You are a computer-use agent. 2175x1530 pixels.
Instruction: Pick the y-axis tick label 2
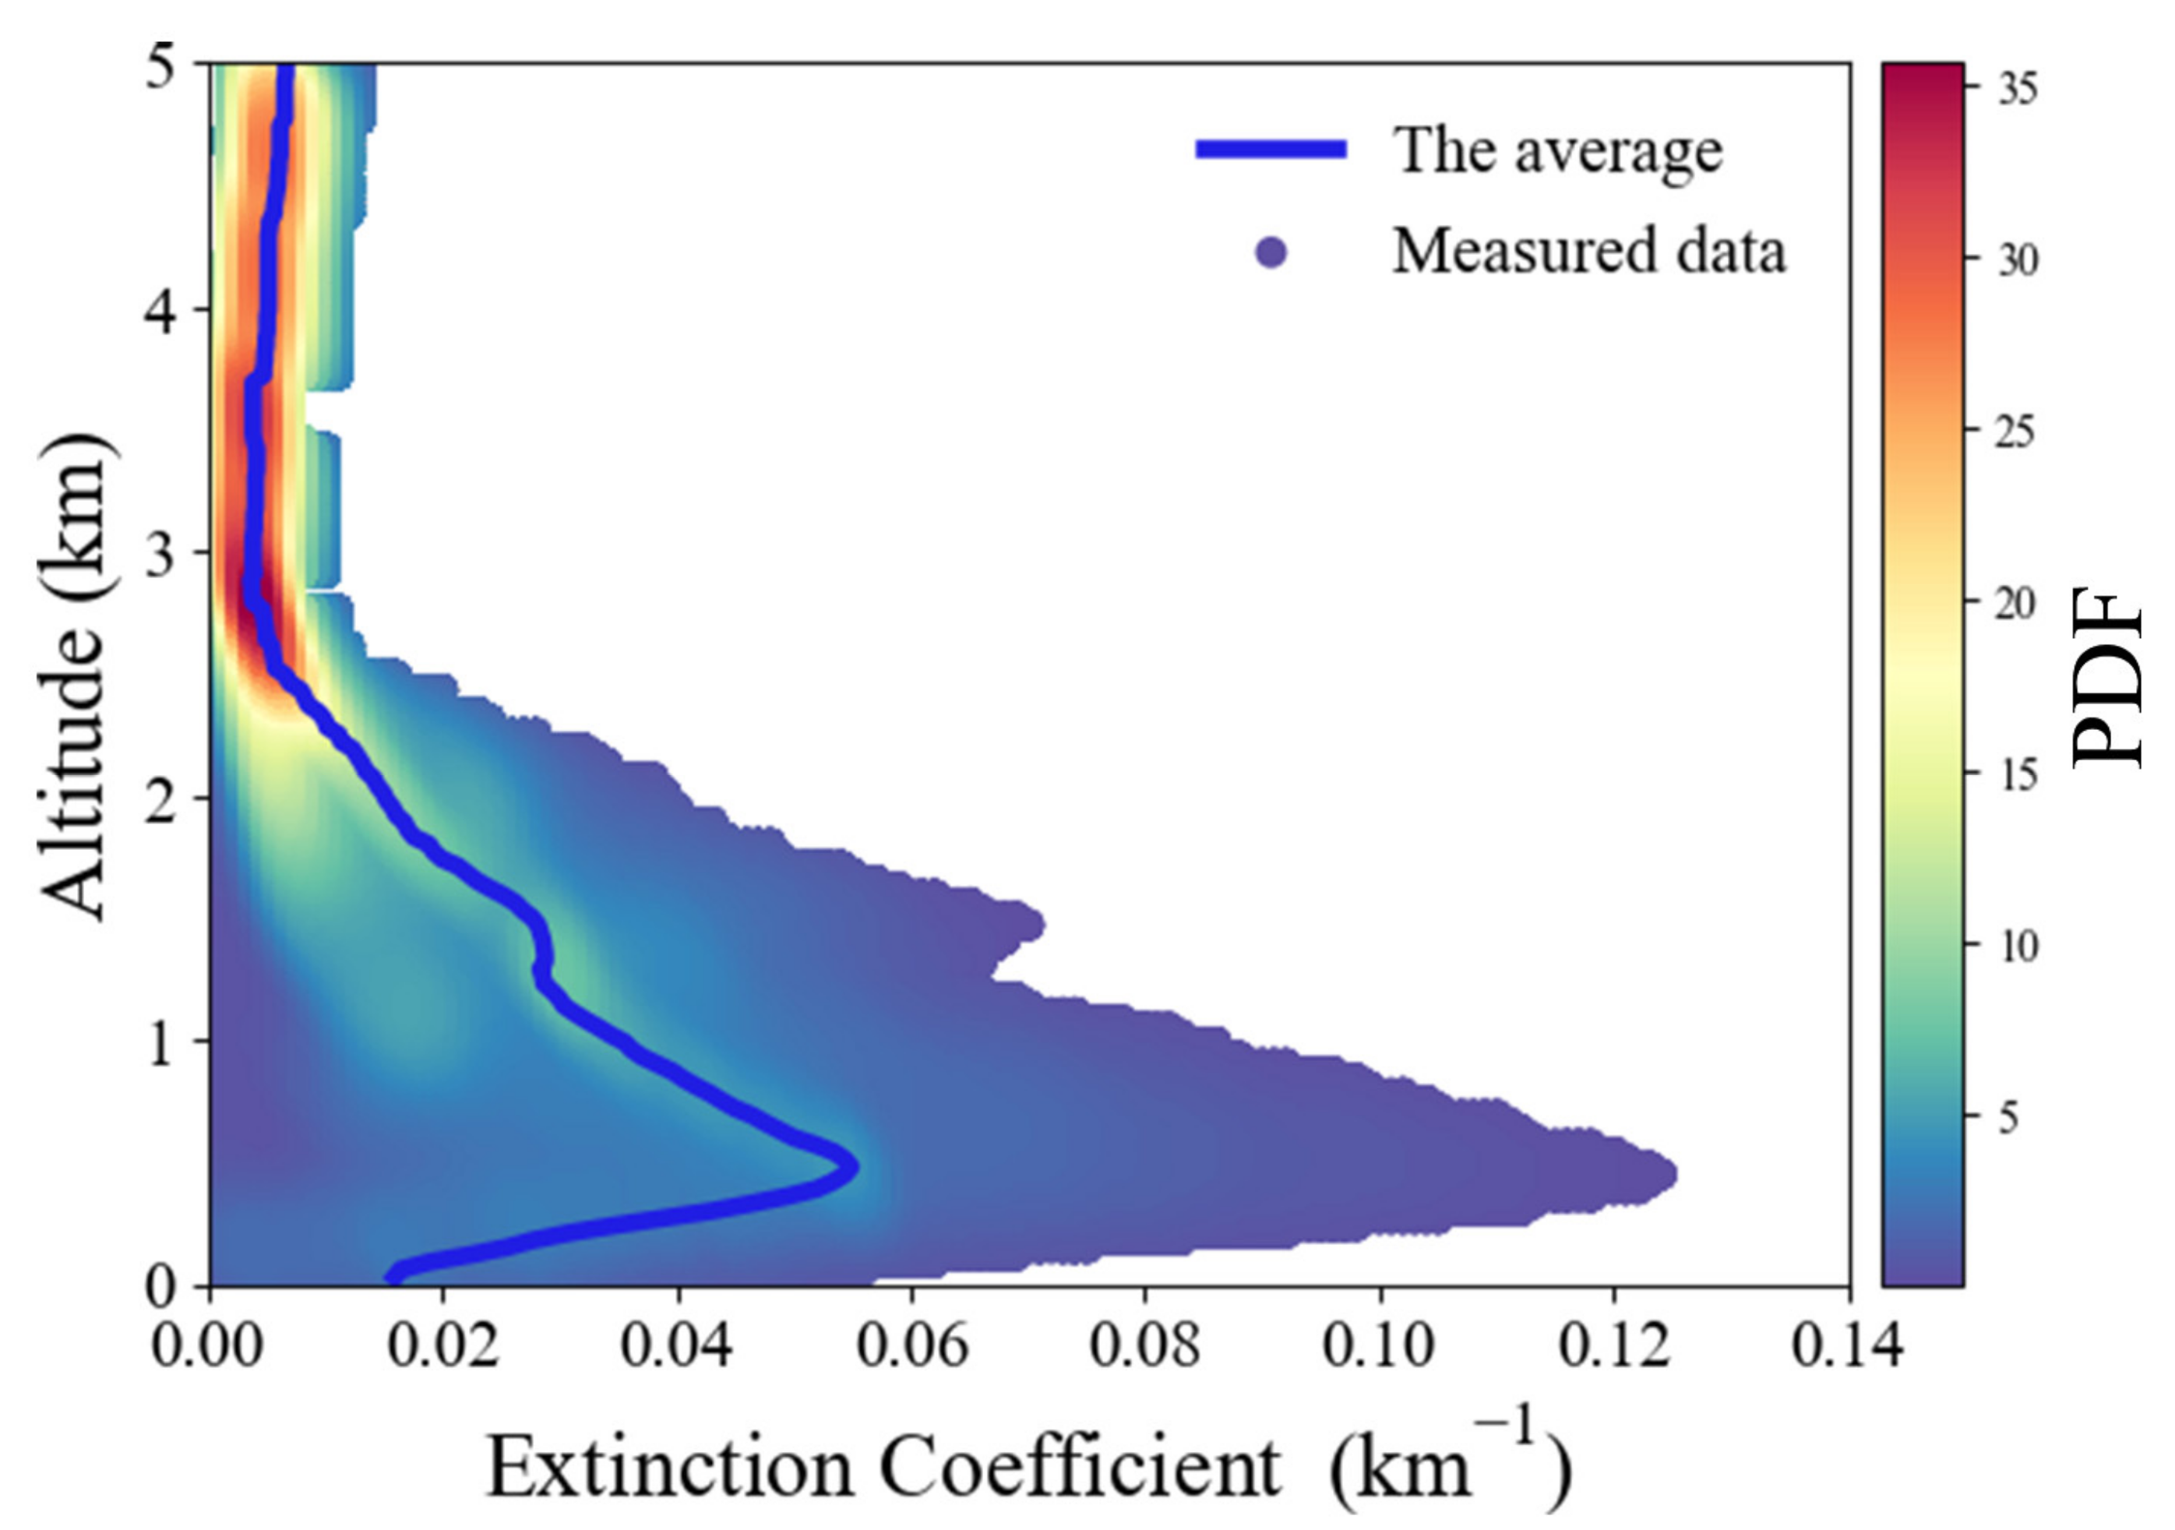tap(162, 798)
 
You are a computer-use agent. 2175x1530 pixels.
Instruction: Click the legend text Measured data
tap(1588, 252)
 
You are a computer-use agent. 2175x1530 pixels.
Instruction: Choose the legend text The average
tap(1556, 150)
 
